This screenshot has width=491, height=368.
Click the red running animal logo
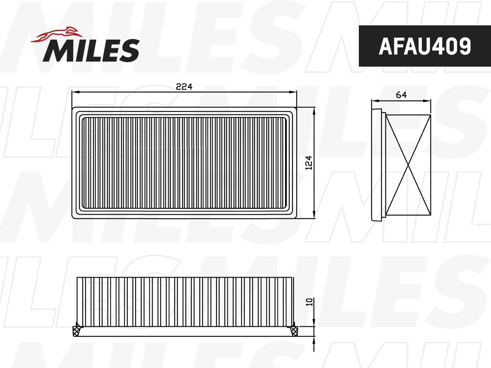[55, 35]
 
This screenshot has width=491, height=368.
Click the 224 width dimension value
[184, 87]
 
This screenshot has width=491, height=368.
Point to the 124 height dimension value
[309, 163]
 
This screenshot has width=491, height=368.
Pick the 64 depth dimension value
[401, 95]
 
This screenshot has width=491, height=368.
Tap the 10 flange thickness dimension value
[310, 302]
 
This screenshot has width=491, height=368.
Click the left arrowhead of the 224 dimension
[74, 92]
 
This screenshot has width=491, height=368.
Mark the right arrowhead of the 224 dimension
[294, 92]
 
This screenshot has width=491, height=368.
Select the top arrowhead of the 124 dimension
[314, 110]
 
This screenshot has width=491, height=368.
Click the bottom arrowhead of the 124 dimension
[314, 215]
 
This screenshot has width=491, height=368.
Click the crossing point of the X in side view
[408, 165]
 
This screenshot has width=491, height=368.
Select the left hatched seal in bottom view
[76, 330]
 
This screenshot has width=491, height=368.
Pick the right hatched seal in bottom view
[293, 330]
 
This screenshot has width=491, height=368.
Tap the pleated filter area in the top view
[184, 162]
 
